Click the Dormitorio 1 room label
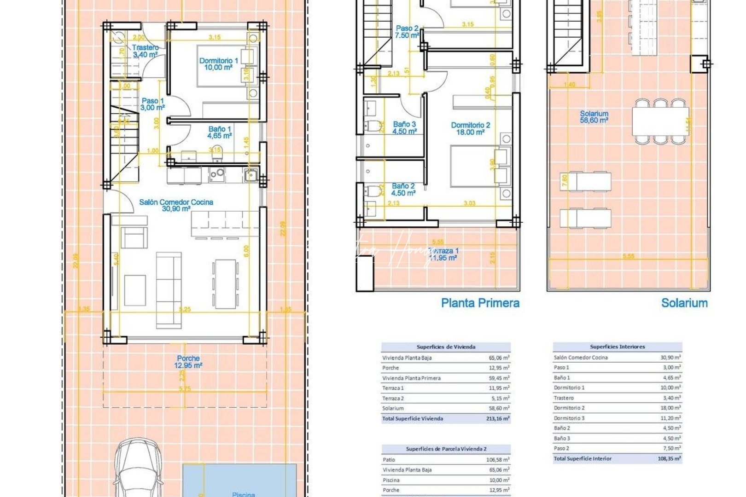pyautogui.click(x=218, y=64)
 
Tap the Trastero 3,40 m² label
pyautogui.click(x=145, y=51)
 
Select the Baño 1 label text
pyautogui.click(x=220, y=132)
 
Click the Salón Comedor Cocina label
pyautogui.click(x=176, y=205)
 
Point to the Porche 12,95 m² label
pyautogui.click(x=188, y=362)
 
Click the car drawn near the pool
pyautogui.click(x=137, y=469)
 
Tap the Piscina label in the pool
pyautogui.click(x=243, y=494)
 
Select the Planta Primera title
pyautogui.click(x=480, y=303)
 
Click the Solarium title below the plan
pyautogui.click(x=684, y=303)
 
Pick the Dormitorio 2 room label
pyautogui.click(x=470, y=128)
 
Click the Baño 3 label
pyautogui.click(x=404, y=127)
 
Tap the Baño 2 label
pyautogui.click(x=403, y=190)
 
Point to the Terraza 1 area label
pyautogui.click(x=443, y=254)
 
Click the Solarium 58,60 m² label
pyautogui.click(x=594, y=116)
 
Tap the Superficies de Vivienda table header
pyautogui.click(x=446, y=347)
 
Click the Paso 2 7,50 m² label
pyautogui.click(x=407, y=31)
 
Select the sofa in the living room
pyautogui.click(x=169, y=290)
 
